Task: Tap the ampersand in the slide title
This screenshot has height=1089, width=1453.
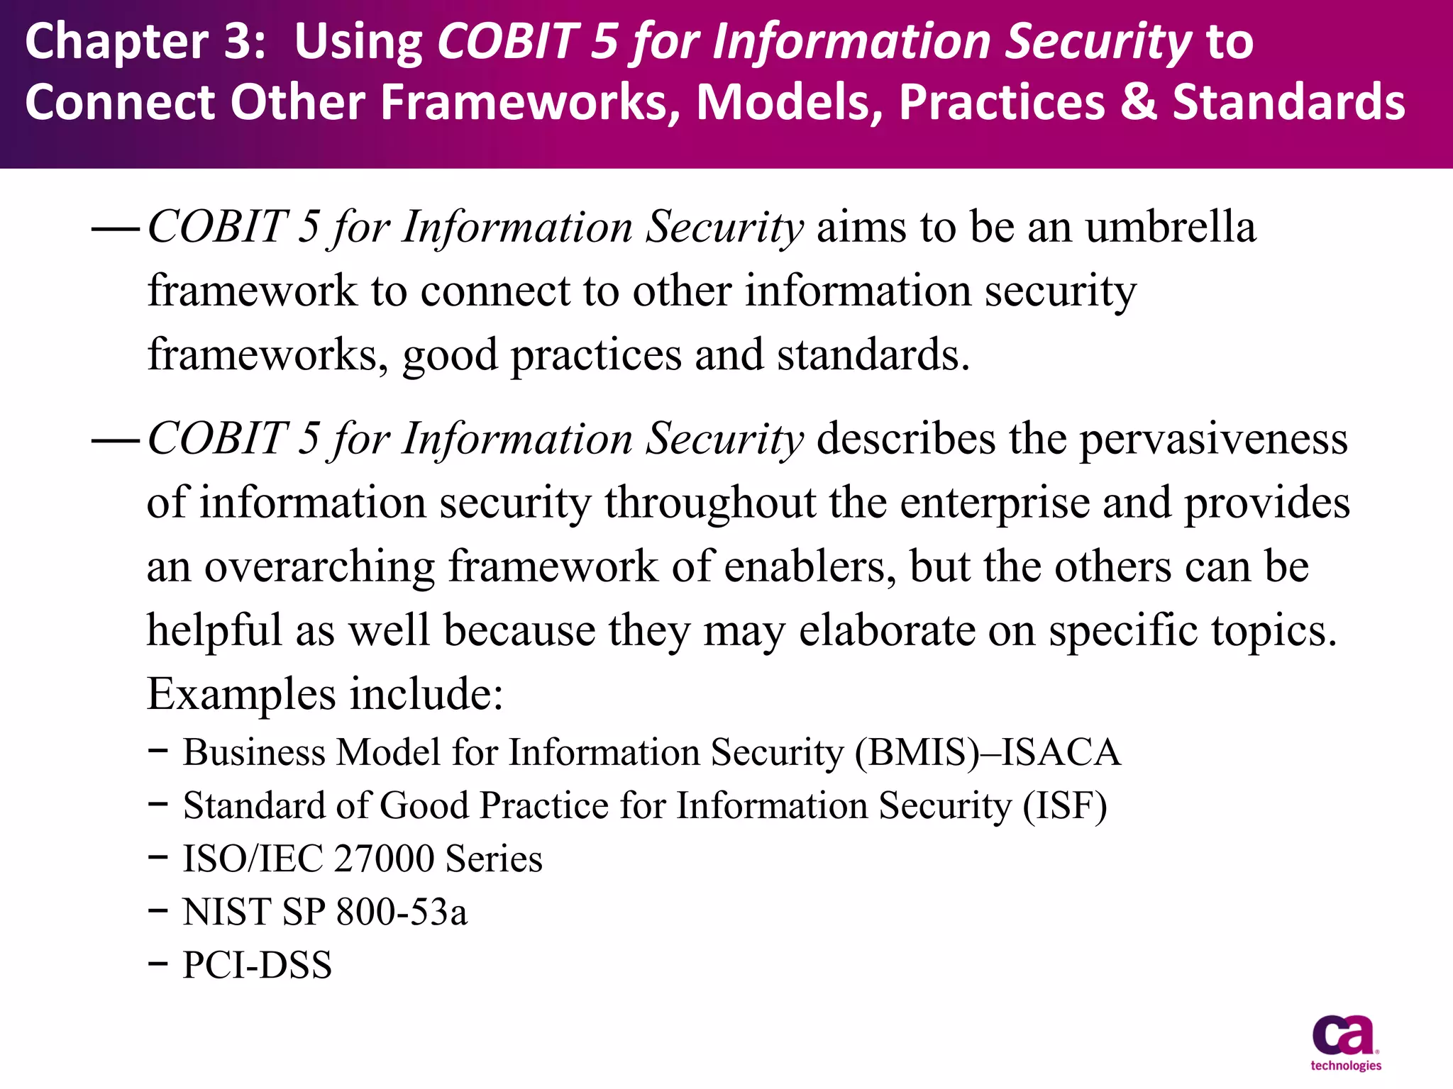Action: pos(1138,101)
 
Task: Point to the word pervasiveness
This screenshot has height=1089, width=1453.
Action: pos(1213,439)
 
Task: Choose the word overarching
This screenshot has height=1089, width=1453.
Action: pos(319,566)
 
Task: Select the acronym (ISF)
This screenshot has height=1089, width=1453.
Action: pos(1064,805)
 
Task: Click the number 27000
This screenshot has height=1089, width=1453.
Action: pos(384,859)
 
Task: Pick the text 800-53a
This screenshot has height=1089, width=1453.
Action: pos(402,912)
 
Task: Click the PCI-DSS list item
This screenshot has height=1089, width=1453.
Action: pos(257,965)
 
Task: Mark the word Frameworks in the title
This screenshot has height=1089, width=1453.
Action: pos(529,101)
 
